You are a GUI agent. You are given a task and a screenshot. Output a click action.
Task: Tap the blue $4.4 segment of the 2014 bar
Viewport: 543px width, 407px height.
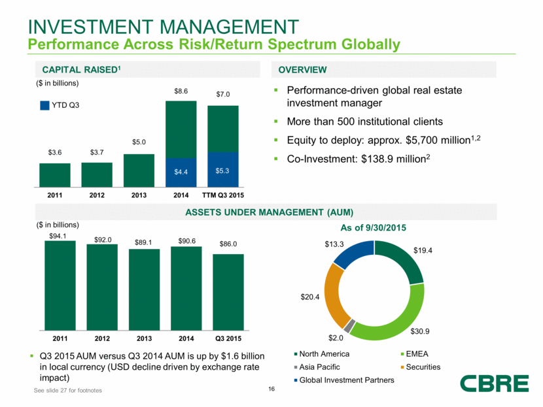click(181, 172)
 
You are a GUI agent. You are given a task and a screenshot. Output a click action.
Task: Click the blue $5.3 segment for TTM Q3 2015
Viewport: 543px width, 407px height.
click(223, 170)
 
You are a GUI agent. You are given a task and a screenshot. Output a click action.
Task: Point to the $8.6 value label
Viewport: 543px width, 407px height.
click(181, 93)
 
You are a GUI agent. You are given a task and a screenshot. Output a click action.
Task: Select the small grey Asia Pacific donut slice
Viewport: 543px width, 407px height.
click(351, 325)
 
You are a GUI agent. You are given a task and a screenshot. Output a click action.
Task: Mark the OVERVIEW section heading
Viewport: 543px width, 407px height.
click(302, 69)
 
